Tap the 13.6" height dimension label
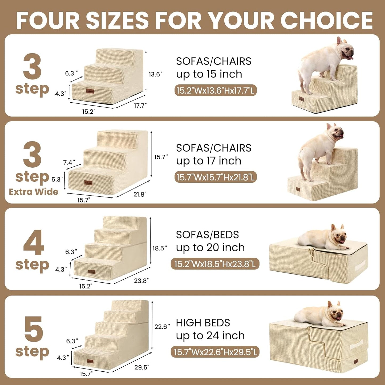[155, 74]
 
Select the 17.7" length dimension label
[140, 106]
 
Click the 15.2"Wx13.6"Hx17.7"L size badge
[215, 91]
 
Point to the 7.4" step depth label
[69, 162]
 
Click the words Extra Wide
[34, 192]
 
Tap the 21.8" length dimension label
[140, 194]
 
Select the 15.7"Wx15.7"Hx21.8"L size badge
[215, 177]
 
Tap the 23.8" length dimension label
[141, 281]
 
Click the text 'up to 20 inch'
[210, 248]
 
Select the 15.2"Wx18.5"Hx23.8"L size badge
[215, 264]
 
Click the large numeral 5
[33, 329]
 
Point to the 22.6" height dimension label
[162, 326]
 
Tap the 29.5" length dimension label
[142, 367]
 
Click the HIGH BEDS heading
[203, 323]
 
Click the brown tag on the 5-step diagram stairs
[90, 362]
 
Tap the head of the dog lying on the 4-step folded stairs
[338, 235]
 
